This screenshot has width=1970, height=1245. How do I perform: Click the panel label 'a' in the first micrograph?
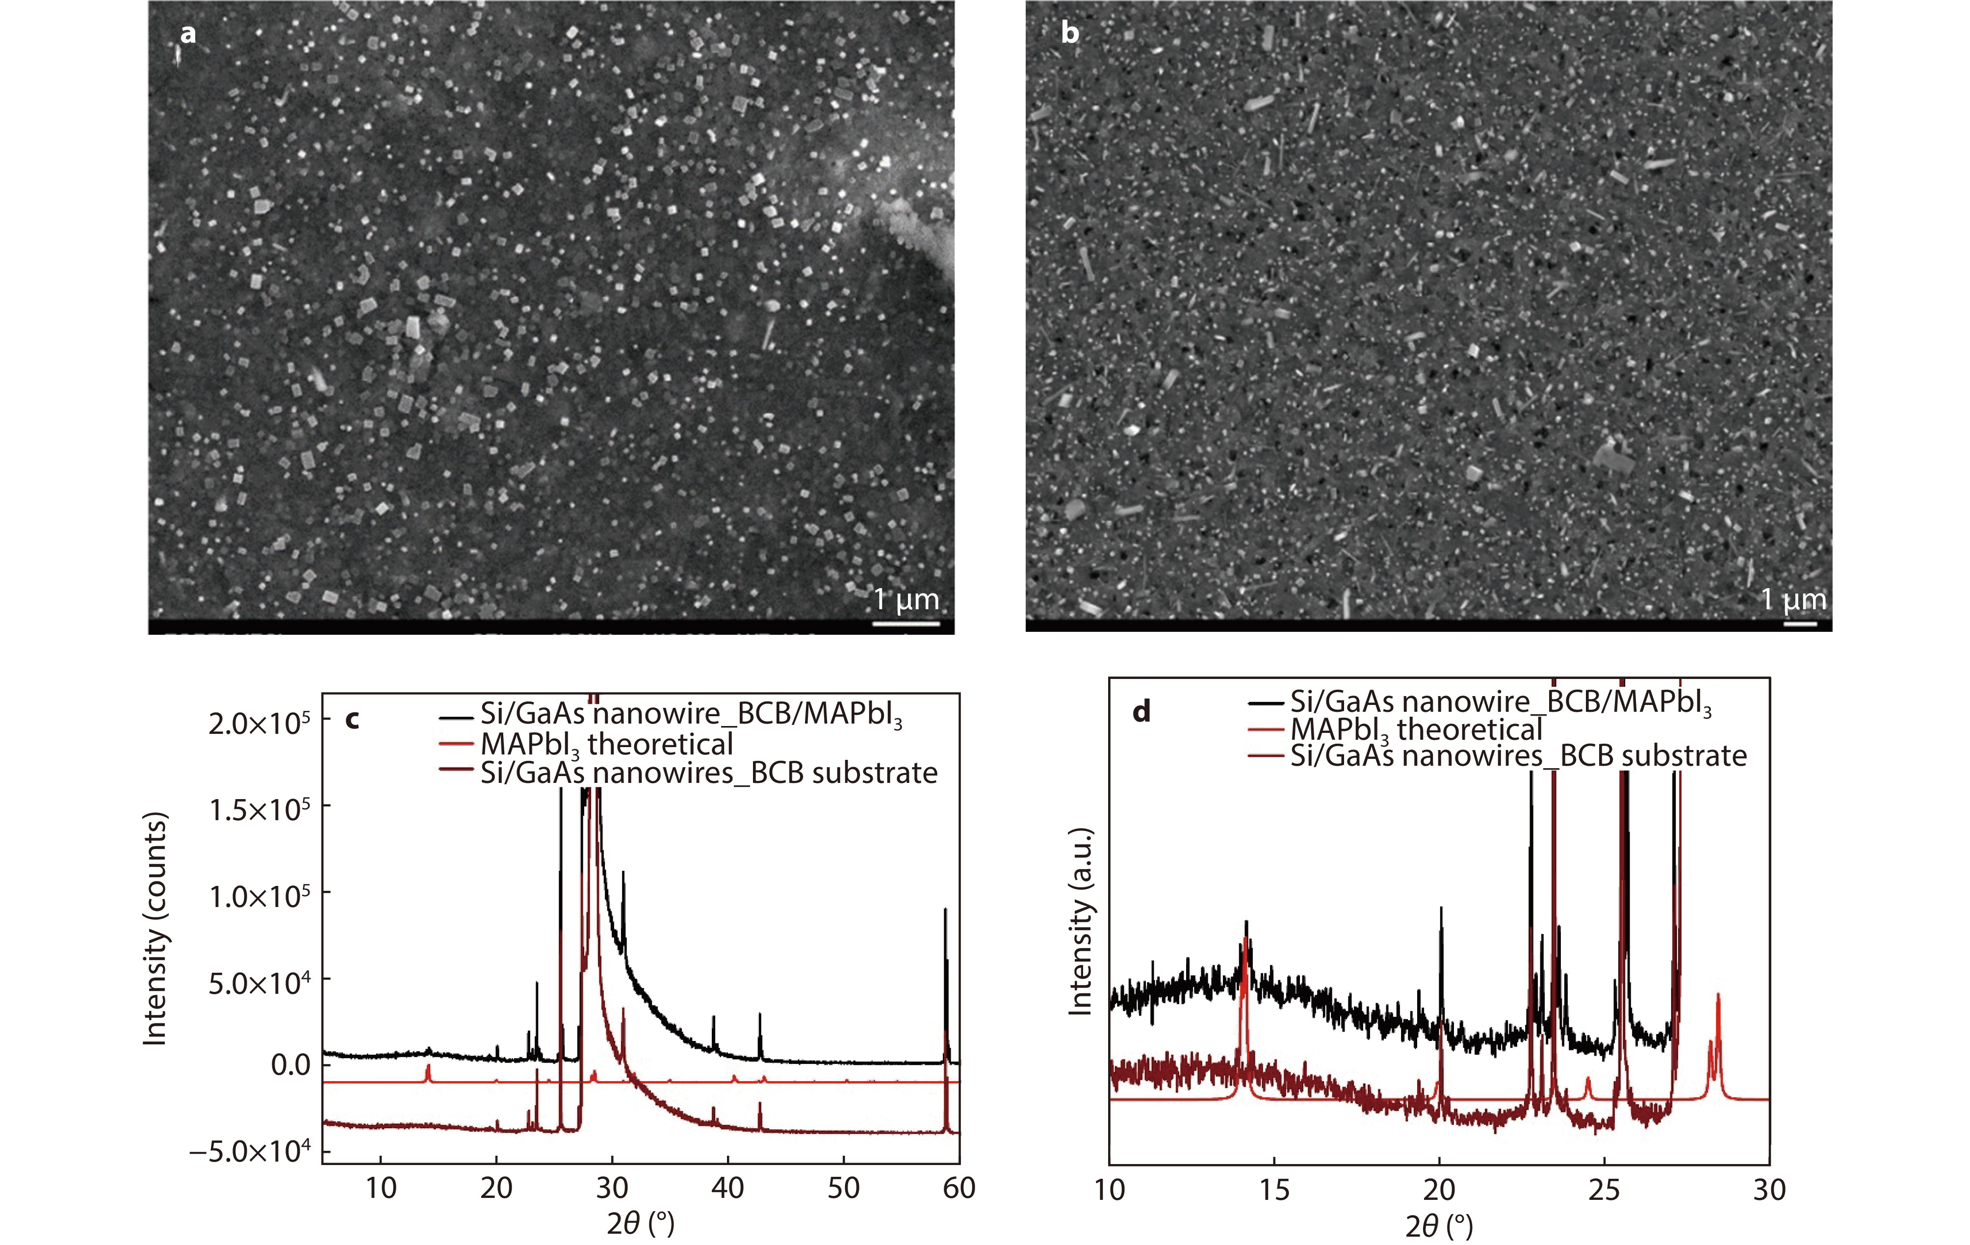point(188,34)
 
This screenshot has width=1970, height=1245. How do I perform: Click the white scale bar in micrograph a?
point(906,624)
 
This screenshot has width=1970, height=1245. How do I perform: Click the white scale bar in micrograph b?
point(1800,624)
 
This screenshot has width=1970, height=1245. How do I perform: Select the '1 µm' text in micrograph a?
point(906,599)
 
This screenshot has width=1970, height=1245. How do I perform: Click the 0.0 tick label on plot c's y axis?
point(290,1065)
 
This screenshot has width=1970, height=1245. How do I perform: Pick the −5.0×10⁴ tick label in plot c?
point(250,1152)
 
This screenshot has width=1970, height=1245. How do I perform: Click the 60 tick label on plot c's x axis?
point(959,1188)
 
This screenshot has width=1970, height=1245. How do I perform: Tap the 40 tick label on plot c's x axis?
point(727,1188)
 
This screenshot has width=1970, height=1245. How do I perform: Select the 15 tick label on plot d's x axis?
point(1274,1190)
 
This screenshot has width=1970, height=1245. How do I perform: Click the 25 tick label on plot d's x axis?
point(1604,1190)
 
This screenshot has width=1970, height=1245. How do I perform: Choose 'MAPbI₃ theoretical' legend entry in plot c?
point(606,744)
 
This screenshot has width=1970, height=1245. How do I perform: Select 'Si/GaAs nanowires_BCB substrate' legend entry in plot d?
point(1518,755)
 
